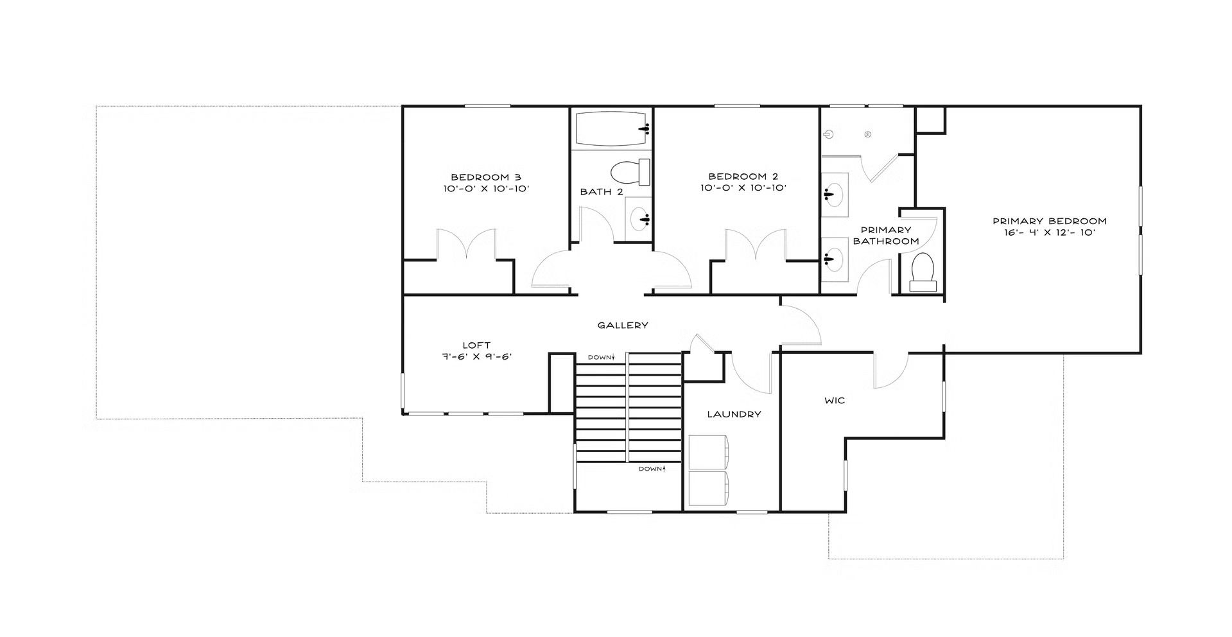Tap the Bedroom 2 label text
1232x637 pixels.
pyautogui.click(x=743, y=177)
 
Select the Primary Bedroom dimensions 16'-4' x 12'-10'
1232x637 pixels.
pyautogui.click(x=1050, y=232)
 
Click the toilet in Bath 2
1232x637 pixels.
pyautogui.click(x=630, y=173)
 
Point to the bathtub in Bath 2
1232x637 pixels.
pyautogui.click(x=611, y=129)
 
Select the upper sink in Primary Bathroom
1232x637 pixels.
pyautogui.click(x=835, y=191)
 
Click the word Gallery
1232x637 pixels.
pyautogui.click(x=623, y=326)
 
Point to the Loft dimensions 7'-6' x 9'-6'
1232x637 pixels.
pyautogui.click(x=476, y=357)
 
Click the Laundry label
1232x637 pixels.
pyautogui.click(x=734, y=414)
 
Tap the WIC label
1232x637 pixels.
pyautogui.click(x=835, y=401)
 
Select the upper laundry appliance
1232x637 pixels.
pyautogui.click(x=709, y=451)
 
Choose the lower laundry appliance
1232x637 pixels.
pyautogui.click(x=709, y=488)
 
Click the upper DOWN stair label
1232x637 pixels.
pyautogui.click(x=602, y=357)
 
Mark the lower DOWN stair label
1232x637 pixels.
pyautogui.click(x=652, y=469)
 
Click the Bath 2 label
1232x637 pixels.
pyautogui.click(x=602, y=192)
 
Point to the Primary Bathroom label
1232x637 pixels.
pyautogui.click(x=886, y=236)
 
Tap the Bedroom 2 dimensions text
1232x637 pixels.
pyautogui.click(x=743, y=189)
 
